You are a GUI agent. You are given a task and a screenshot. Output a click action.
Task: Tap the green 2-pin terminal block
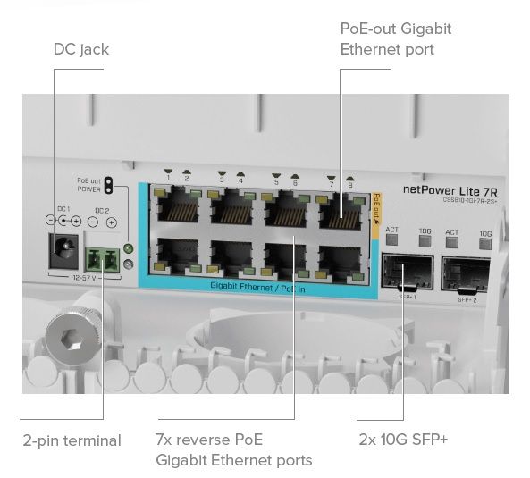[104, 259]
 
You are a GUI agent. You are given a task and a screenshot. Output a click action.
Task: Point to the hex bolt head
[68, 338]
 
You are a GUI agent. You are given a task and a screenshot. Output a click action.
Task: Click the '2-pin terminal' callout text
[72, 440]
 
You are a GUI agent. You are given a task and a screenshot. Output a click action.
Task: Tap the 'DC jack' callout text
[80, 49]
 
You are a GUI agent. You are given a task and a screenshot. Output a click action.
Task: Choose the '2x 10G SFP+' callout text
[404, 440]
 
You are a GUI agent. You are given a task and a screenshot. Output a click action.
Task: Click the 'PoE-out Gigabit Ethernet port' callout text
[395, 38]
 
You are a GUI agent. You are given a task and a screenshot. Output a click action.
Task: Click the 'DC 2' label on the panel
[102, 211]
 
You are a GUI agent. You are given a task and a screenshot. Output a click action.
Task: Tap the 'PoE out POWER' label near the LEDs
[89, 185]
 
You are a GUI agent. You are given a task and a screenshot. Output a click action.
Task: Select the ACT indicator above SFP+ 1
[391, 232]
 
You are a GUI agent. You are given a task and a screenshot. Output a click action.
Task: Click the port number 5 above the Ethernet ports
[276, 181]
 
